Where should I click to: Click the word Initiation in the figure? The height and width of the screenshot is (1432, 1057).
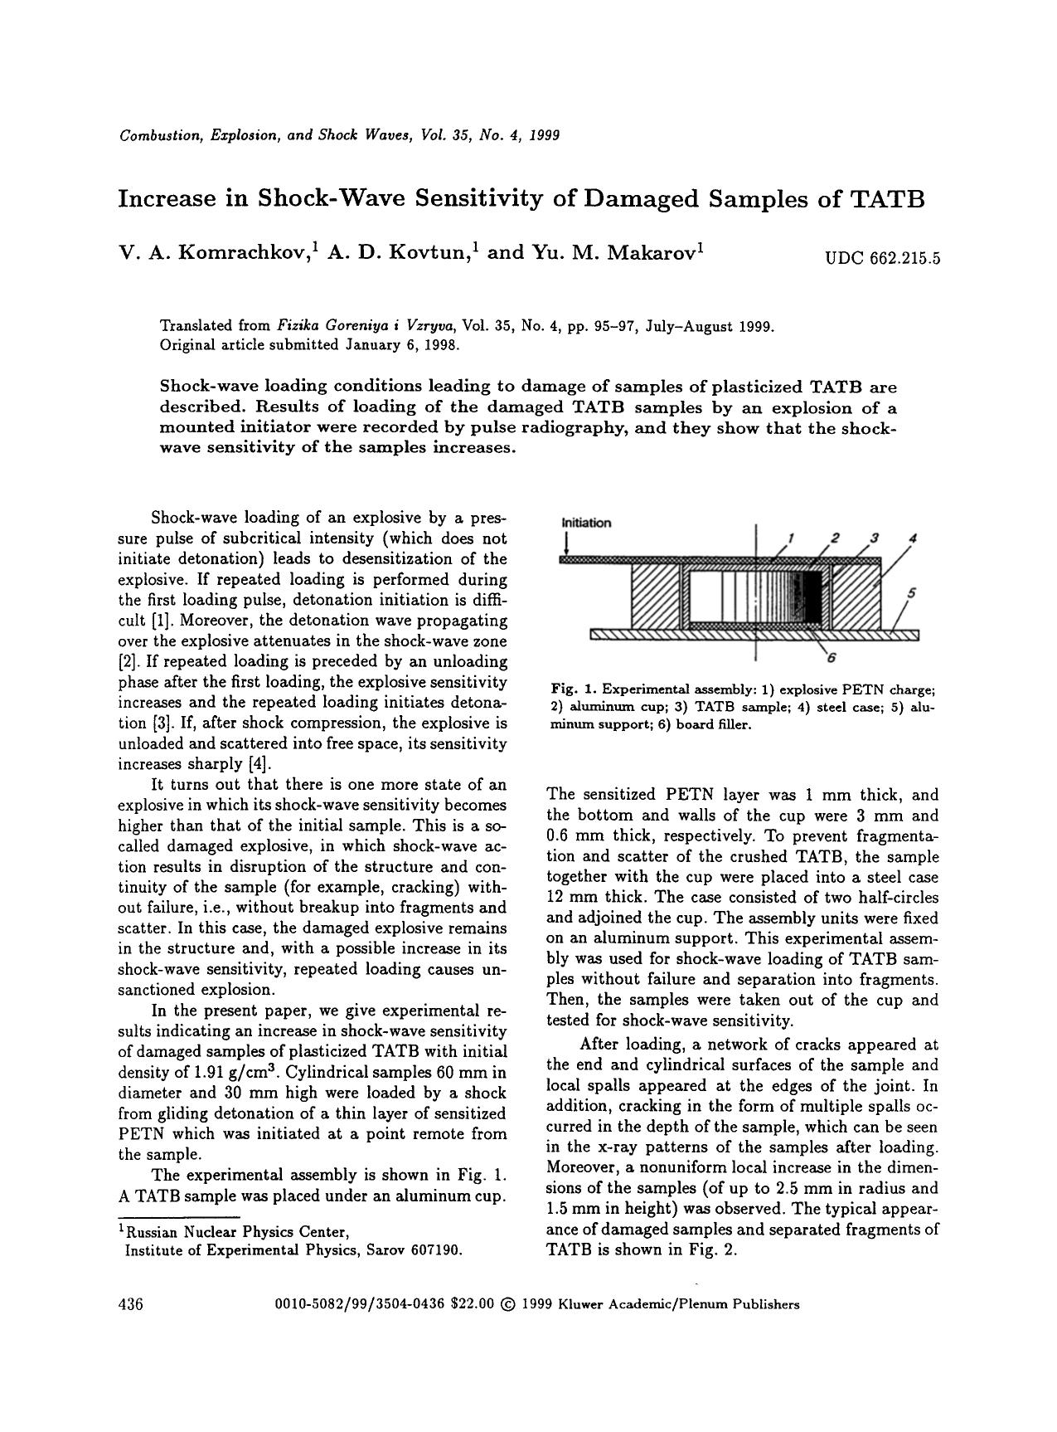coord(586,523)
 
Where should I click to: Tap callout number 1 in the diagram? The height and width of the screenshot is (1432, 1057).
coord(791,537)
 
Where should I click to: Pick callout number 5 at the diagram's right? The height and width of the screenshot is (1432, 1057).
coord(912,592)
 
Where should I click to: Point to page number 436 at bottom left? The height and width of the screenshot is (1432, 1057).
coord(132,1305)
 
